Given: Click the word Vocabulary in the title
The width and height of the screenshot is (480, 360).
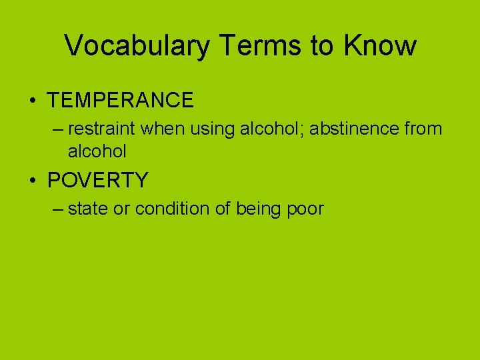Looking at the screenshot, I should click(135, 46).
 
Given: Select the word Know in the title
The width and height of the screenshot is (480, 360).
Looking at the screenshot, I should click(380, 45).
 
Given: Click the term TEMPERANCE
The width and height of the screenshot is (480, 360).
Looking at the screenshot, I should click(121, 101).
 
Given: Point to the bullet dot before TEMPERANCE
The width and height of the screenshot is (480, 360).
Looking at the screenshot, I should click(33, 101).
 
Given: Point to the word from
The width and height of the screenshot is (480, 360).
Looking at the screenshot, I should click(423, 128).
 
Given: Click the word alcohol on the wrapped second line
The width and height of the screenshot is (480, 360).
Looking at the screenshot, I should click(97, 151).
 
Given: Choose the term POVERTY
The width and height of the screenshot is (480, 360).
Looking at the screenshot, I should click(98, 181).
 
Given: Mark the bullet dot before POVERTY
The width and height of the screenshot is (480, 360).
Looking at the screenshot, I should click(33, 181).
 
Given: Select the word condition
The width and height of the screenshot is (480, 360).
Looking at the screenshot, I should click(172, 209).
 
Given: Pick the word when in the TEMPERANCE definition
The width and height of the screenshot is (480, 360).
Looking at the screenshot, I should click(163, 128).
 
